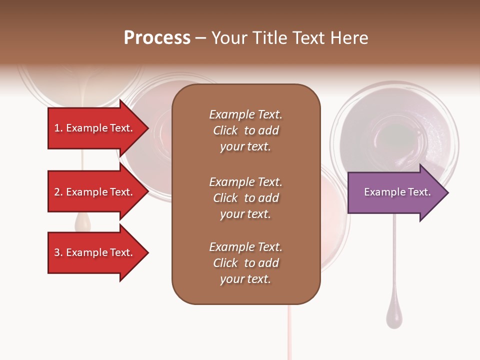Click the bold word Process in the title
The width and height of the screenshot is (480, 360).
coord(157,38)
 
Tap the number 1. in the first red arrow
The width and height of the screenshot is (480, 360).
coord(58,128)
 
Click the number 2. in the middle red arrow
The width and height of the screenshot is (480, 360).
coord(58,192)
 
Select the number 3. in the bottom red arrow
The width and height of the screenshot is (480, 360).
coord(58,252)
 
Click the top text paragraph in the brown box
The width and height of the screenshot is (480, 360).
coord(245,130)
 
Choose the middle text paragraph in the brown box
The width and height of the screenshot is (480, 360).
coord(245,198)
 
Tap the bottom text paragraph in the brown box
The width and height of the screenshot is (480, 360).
coord(245,263)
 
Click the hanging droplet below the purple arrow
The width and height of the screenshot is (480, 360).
coord(394,317)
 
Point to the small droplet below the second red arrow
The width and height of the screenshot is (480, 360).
coord(82,223)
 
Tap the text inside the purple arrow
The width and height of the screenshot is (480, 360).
coord(397,192)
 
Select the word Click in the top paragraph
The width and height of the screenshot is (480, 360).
coord(225,130)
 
